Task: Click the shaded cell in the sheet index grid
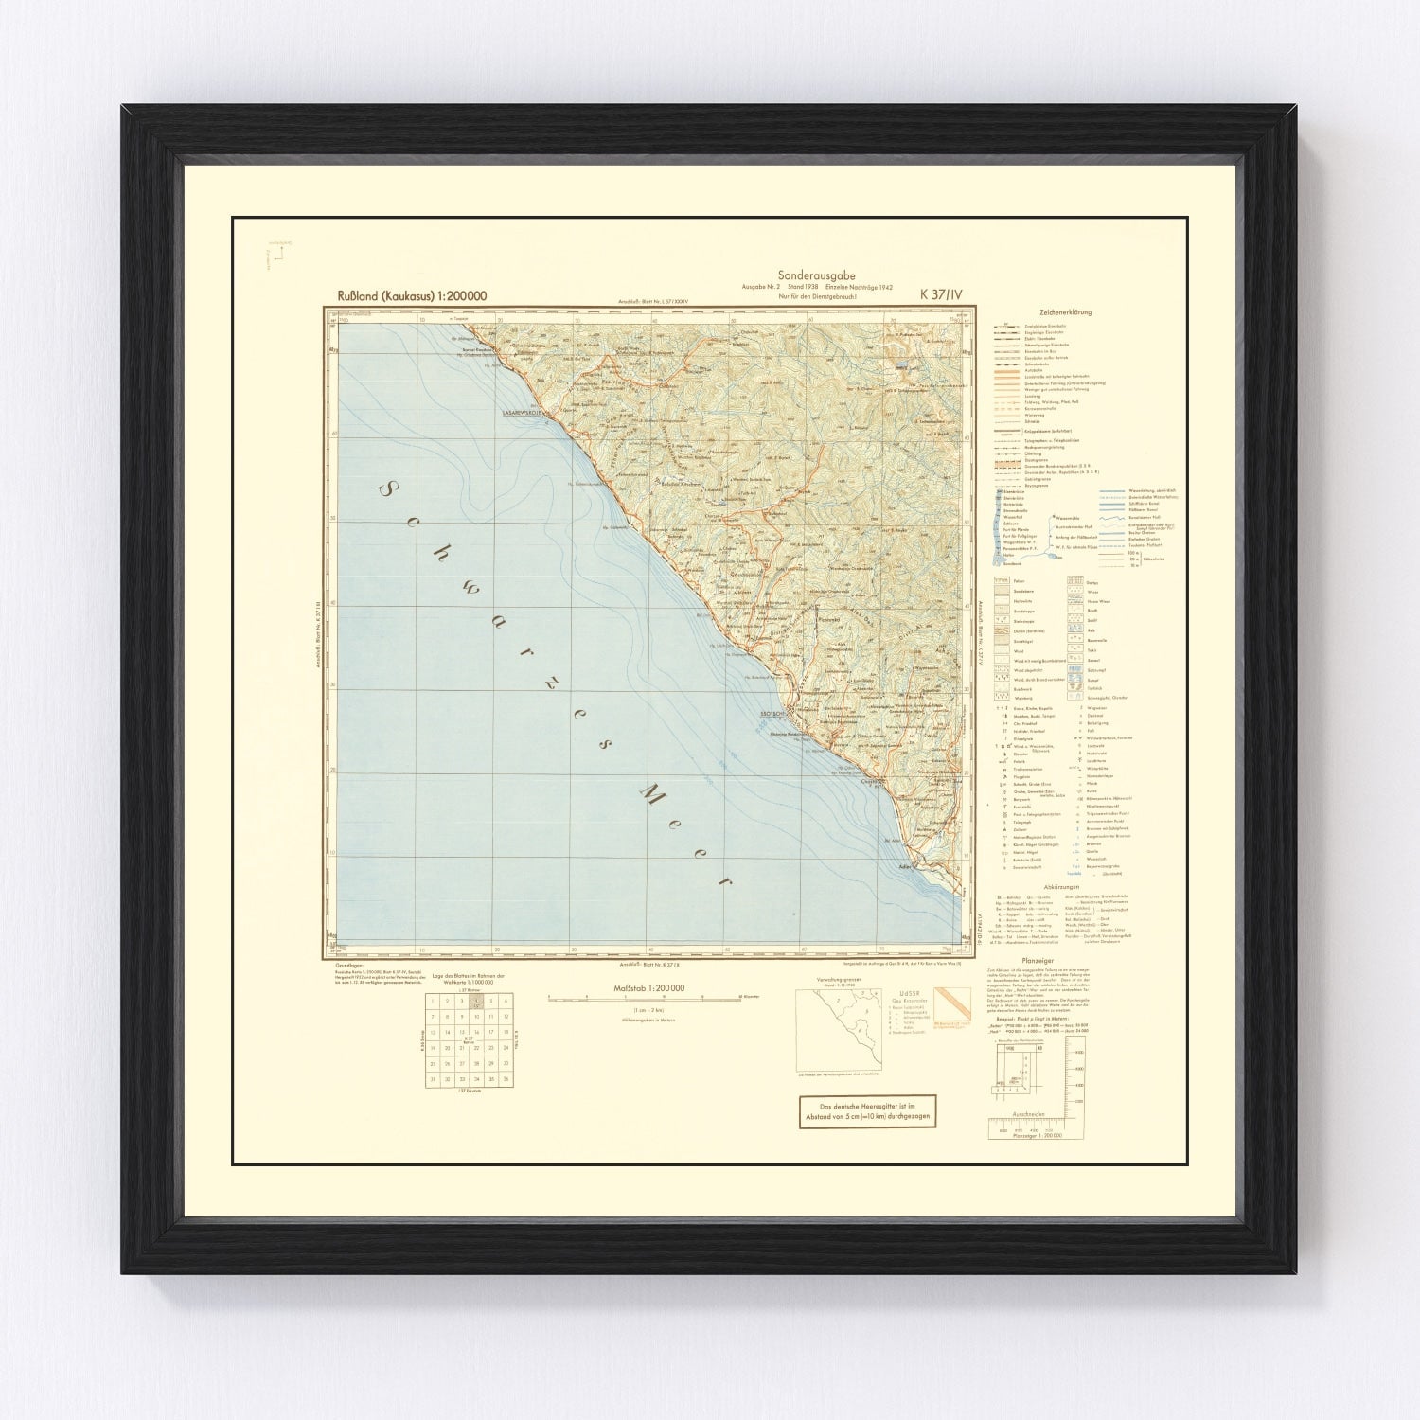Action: (x=477, y=1002)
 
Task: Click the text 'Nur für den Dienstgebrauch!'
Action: (x=816, y=297)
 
